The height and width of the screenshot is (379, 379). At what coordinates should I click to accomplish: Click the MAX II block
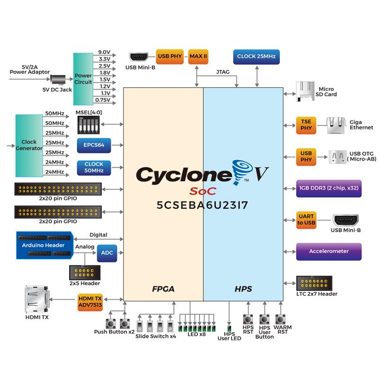(x=199, y=56)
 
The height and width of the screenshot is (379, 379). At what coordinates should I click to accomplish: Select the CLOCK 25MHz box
(x=257, y=57)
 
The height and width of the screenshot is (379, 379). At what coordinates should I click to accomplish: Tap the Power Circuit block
(x=83, y=79)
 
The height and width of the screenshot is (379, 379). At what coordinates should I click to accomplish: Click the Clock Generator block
(x=29, y=145)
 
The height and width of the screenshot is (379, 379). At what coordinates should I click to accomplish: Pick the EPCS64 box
(x=94, y=145)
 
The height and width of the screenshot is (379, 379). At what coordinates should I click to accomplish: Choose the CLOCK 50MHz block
(x=94, y=167)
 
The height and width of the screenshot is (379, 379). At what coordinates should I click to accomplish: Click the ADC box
(x=107, y=253)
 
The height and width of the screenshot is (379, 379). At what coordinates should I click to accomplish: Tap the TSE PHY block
(x=306, y=126)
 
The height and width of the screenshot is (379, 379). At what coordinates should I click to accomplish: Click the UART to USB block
(x=306, y=219)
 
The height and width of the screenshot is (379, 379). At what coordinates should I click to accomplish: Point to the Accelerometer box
(x=329, y=251)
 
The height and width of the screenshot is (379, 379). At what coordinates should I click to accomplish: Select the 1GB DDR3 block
(x=329, y=187)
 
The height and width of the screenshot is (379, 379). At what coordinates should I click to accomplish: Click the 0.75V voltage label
(x=104, y=100)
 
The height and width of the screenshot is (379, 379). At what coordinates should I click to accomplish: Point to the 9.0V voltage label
(x=104, y=52)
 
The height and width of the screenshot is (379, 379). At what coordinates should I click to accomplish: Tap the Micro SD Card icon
(x=303, y=90)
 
